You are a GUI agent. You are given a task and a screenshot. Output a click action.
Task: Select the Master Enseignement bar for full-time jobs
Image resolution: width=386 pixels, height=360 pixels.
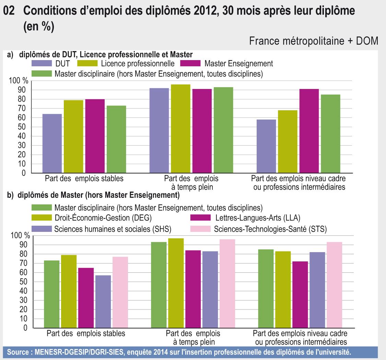(202, 131)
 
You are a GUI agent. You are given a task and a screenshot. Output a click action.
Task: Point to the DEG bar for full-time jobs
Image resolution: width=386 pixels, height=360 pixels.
(176, 283)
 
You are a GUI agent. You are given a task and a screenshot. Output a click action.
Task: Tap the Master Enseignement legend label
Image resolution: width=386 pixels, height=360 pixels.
(238, 64)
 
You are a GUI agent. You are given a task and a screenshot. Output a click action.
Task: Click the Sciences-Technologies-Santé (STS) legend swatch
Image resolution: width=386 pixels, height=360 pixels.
(200, 229)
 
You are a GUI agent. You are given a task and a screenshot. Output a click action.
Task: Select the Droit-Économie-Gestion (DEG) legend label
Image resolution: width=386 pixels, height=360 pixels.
(103, 218)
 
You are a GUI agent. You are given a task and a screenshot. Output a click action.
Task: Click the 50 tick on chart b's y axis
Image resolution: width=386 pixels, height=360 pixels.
(27, 282)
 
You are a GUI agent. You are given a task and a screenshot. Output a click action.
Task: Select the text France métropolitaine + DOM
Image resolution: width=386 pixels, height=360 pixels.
(314, 41)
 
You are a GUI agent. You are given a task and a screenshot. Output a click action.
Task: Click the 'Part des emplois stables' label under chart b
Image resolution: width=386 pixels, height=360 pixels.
(86, 333)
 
